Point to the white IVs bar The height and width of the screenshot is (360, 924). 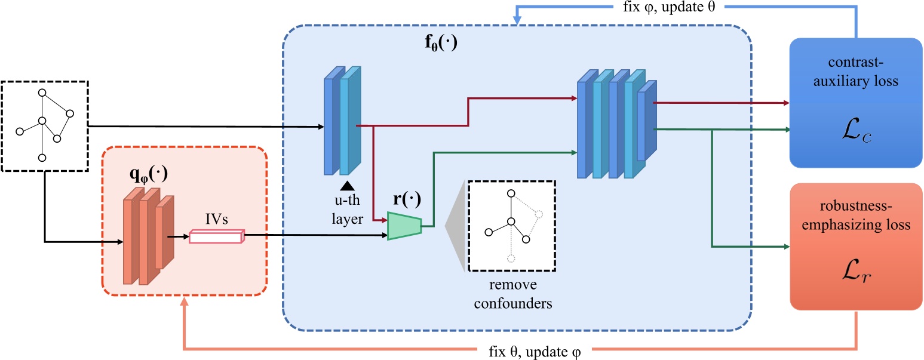click(x=217, y=236)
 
